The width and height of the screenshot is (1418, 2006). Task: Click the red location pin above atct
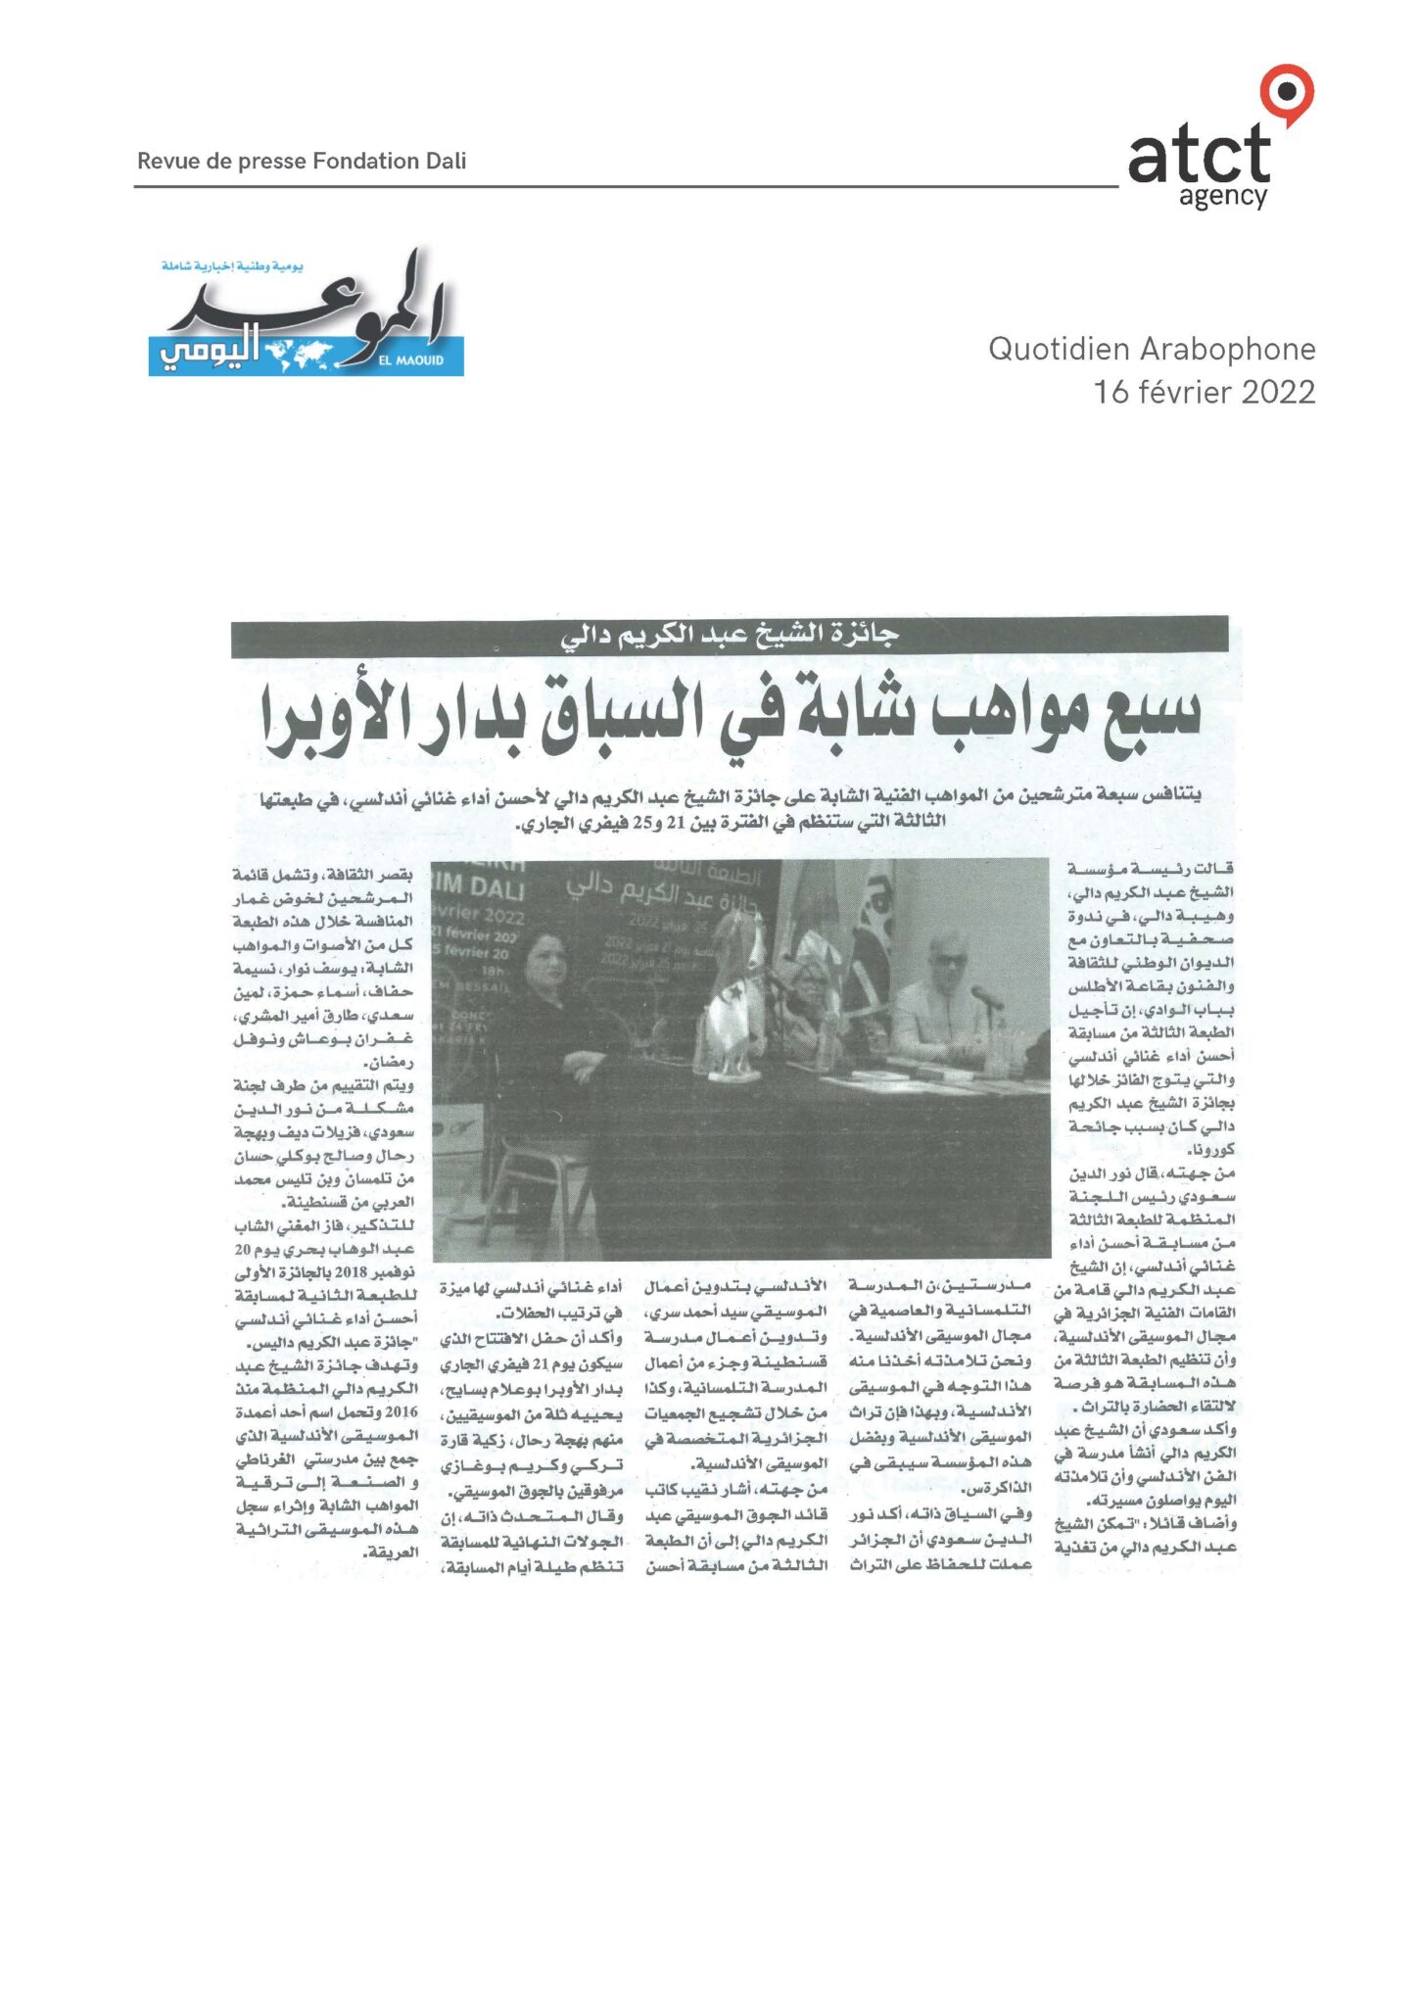point(1286,94)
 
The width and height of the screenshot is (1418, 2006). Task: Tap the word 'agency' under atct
point(1222,197)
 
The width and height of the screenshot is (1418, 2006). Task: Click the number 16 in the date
point(1111,392)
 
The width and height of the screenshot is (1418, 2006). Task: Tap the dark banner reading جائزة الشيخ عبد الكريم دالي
point(729,636)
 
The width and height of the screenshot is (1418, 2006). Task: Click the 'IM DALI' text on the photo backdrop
point(479,887)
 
